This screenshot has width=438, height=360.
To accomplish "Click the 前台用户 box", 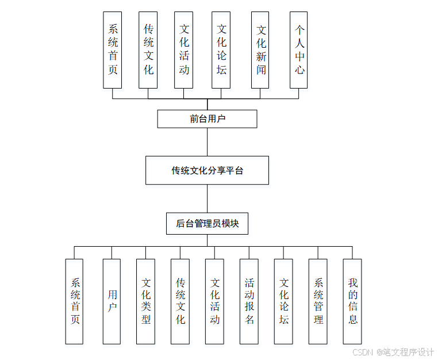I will [207, 119].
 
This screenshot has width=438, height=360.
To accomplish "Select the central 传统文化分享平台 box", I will [207, 170].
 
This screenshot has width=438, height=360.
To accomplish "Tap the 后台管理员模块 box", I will [207, 224].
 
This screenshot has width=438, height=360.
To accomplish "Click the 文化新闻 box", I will [260, 50].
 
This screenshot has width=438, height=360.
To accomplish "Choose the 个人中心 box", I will [298, 50].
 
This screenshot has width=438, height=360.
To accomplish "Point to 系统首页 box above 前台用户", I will [113, 50].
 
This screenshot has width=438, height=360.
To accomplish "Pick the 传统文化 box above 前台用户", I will [148, 50].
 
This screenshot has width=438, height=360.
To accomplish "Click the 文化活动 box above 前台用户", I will [183, 50].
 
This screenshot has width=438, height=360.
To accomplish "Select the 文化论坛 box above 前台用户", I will [221, 50].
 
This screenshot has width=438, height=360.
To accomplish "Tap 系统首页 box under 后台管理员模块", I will [74, 301].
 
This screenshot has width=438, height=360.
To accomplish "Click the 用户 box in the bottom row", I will [112, 301].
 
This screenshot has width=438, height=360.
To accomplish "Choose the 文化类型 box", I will [145, 301].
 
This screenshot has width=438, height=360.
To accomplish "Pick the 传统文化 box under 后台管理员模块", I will [180, 301].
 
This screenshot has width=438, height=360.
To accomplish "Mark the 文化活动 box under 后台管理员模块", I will [214, 301].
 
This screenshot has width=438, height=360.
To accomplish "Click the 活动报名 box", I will [249, 301].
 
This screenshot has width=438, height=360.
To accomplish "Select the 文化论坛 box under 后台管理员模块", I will [283, 301].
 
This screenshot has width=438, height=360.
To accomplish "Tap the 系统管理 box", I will [318, 301].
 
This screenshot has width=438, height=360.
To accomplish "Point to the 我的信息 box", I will [352, 301].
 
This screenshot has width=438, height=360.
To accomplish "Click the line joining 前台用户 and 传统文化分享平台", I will [207, 141].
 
